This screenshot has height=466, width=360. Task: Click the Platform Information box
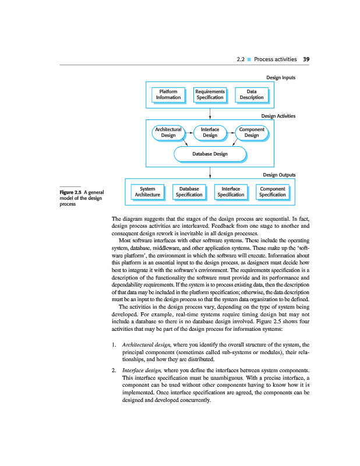(x=168, y=94)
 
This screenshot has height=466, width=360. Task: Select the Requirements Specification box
(x=210, y=94)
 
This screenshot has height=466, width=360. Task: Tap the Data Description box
(x=251, y=94)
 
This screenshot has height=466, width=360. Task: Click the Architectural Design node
(x=168, y=132)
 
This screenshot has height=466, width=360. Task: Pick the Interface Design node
(x=210, y=132)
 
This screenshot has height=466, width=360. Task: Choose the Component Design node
(x=251, y=132)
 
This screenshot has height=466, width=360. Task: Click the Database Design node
(x=210, y=154)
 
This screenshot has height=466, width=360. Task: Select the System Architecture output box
(x=147, y=192)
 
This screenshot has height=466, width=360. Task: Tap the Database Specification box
(x=189, y=192)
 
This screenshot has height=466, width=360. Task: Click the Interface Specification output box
(x=231, y=192)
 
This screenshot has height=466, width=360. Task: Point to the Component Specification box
(x=272, y=192)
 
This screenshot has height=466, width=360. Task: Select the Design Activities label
(x=278, y=116)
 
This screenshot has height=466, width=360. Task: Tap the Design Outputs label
(x=279, y=175)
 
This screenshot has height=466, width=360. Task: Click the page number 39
(x=306, y=59)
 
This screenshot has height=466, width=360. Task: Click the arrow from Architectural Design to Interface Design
(x=189, y=132)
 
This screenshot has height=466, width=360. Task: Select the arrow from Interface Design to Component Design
(x=231, y=132)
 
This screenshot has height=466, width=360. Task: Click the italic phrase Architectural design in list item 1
(x=142, y=345)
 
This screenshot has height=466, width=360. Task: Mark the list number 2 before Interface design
(x=113, y=370)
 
